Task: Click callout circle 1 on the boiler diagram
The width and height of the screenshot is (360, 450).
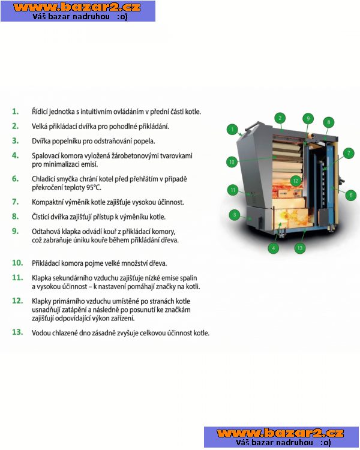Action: [232, 129]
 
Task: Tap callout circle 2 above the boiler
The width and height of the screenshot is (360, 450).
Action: [280, 118]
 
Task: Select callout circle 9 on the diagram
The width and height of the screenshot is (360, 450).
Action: [308, 119]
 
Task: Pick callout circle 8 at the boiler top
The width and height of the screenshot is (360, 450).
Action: [329, 122]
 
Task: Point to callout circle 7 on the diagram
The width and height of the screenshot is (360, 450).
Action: [349, 153]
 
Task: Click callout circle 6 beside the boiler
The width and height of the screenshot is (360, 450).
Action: [351, 195]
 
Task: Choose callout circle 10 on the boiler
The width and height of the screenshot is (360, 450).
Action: [232, 162]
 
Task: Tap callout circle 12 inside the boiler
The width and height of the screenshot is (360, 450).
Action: [296, 181]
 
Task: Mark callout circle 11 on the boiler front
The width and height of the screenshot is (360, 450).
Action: [233, 190]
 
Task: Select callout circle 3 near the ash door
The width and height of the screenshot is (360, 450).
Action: [235, 215]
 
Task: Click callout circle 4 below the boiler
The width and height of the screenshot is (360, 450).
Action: [274, 248]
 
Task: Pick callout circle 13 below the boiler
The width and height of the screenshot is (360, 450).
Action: [300, 248]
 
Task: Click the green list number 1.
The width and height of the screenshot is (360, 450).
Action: [15, 112]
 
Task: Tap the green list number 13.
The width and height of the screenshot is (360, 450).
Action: [17, 332]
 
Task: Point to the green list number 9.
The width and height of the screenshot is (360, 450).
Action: [15, 231]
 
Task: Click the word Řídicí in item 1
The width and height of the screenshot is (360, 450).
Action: [40, 112]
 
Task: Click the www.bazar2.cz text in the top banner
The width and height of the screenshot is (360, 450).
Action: [77, 7]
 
